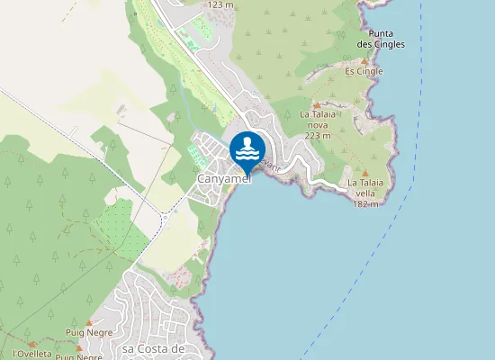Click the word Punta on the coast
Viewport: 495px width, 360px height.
click(x=381, y=32)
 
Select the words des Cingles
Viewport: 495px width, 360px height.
click(x=381, y=43)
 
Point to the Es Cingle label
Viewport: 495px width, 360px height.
click(x=364, y=71)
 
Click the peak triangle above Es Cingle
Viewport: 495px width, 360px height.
click(x=364, y=61)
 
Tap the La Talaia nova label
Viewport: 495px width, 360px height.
click(x=317, y=114)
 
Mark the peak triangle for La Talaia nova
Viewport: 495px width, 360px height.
click(x=317, y=105)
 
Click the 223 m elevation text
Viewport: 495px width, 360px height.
click(x=317, y=135)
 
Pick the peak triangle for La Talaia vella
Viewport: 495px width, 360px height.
click(x=365, y=173)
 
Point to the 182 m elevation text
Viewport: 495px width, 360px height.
click(x=365, y=203)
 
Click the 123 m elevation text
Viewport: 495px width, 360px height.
click(x=220, y=4)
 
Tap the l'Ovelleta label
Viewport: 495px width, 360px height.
click(x=30, y=354)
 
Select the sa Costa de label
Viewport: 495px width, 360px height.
click(x=153, y=348)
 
